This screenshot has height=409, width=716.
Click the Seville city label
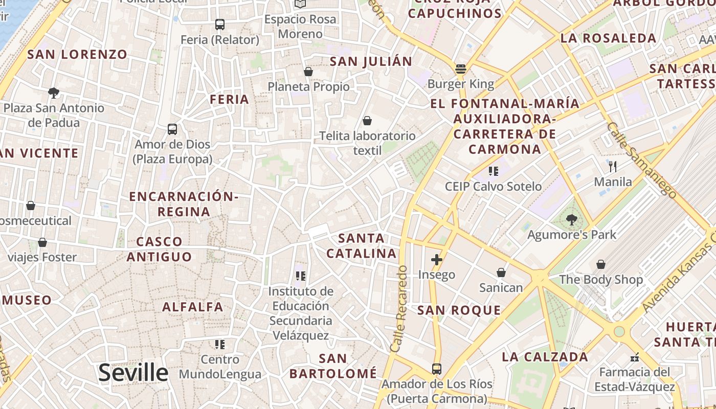pos(133,373)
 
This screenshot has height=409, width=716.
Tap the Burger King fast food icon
pos(461,69)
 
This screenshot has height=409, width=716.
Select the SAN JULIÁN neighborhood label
pos(371,62)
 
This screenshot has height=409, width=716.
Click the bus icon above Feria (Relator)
pos(220,24)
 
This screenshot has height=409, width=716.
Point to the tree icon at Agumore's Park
pos(572,220)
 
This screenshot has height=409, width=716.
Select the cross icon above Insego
pos(436,260)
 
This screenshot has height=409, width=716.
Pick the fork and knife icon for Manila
pos(613,166)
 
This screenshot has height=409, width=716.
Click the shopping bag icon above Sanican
pos(501,272)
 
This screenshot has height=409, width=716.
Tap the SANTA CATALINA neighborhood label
pos(362,246)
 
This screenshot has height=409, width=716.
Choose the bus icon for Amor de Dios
pos(172,129)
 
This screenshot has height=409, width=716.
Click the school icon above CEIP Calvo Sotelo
pos(493,171)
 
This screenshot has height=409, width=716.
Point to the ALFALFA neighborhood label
pos(193,307)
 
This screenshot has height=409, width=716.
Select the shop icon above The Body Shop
pos(601,264)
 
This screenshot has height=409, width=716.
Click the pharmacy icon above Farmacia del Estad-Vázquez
pos(635,357)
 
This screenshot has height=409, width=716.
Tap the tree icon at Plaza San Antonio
pos(54,93)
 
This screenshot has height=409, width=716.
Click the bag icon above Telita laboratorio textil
pos(367,121)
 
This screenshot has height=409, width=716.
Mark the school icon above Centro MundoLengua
pos(220,345)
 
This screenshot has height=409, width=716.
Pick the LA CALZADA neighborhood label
pos(545,357)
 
